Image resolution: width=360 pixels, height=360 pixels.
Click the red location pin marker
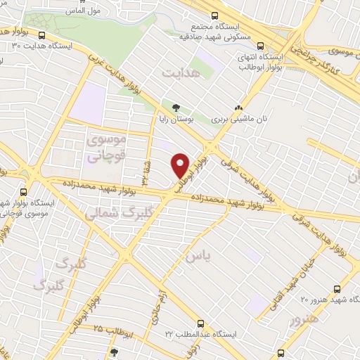coord(181,165)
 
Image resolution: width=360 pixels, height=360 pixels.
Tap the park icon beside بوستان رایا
coord(175,107)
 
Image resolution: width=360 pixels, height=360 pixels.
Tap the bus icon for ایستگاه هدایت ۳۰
coord(43,35)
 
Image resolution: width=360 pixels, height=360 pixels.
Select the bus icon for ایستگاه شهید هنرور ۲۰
coord(337,289)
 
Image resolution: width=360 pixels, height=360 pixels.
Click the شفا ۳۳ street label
coord(146,169)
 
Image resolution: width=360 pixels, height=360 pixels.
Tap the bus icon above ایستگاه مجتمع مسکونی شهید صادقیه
coord(215,15)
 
